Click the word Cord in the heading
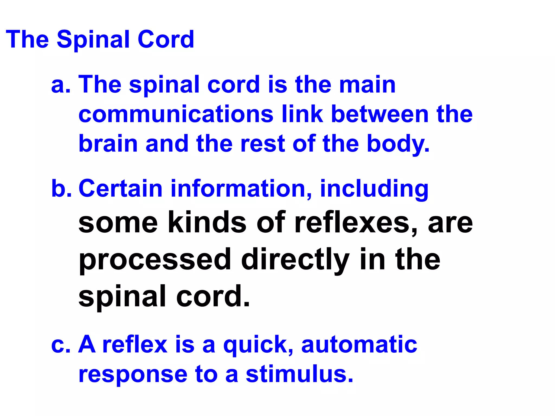[x=166, y=39]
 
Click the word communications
[x=176, y=114]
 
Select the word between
[x=379, y=114]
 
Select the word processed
[x=155, y=260]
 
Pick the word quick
[x=258, y=345]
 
